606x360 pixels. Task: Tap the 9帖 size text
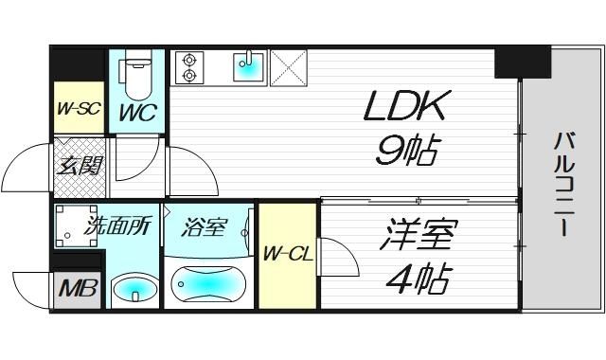[x=404, y=152]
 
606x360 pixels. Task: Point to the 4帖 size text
[x=419, y=279]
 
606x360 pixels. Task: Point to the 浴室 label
[x=205, y=227]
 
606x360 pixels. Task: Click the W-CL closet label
[x=287, y=253]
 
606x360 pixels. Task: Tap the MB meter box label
[x=77, y=287]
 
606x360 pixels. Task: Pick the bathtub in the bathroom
[x=208, y=284]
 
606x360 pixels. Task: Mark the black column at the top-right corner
[x=522, y=62]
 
